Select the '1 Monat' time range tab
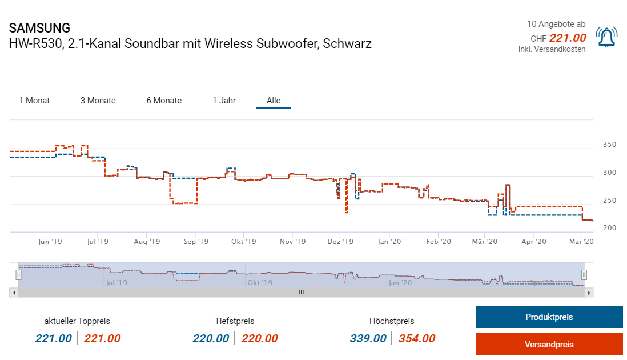(34, 101)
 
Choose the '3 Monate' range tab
(98, 101)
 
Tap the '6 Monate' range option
(164, 101)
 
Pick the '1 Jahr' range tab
(224, 101)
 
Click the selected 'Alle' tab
(274, 101)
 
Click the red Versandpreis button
(549, 345)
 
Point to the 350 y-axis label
(609, 145)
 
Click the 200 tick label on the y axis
(609, 228)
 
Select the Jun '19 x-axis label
(50, 242)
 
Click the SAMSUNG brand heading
(40, 28)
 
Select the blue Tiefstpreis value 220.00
(211, 338)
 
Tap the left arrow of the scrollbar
(13, 293)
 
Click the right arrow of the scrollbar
(590, 293)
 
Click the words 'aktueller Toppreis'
(77, 321)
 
